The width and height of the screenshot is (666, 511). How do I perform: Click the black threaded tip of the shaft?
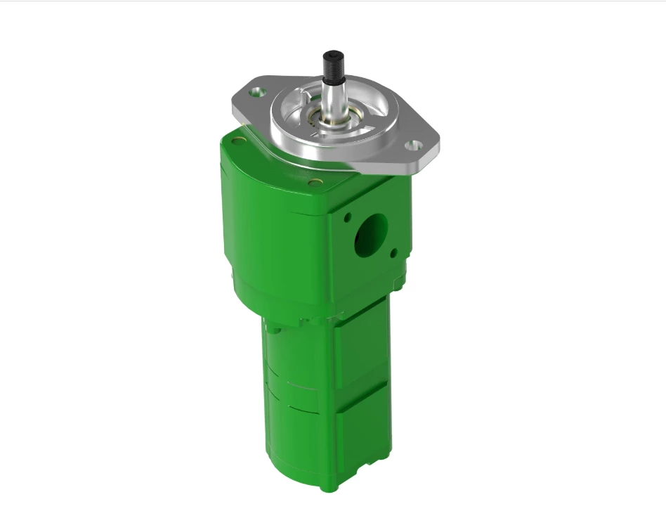[x=332, y=65]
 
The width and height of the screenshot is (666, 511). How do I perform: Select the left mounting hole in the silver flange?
[x=258, y=91]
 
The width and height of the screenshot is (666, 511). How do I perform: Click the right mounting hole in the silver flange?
[x=414, y=145]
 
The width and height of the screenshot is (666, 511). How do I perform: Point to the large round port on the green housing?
[x=371, y=234]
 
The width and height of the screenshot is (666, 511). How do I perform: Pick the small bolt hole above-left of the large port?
[x=347, y=218]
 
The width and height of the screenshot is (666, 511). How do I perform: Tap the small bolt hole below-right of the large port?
[x=393, y=252]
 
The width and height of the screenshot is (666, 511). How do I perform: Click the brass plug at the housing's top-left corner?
[x=239, y=141]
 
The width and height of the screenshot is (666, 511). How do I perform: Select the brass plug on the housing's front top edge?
[x=315, y=182]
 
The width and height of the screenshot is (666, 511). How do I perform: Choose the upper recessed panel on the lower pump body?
[x=360, y=349]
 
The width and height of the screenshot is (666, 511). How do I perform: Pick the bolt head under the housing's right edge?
[x=399, y=285]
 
